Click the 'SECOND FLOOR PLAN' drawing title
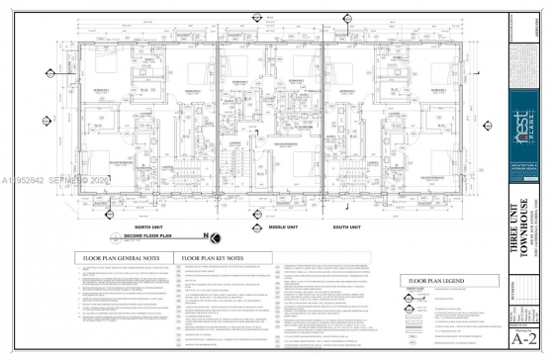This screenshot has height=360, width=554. tap(149, 237)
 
